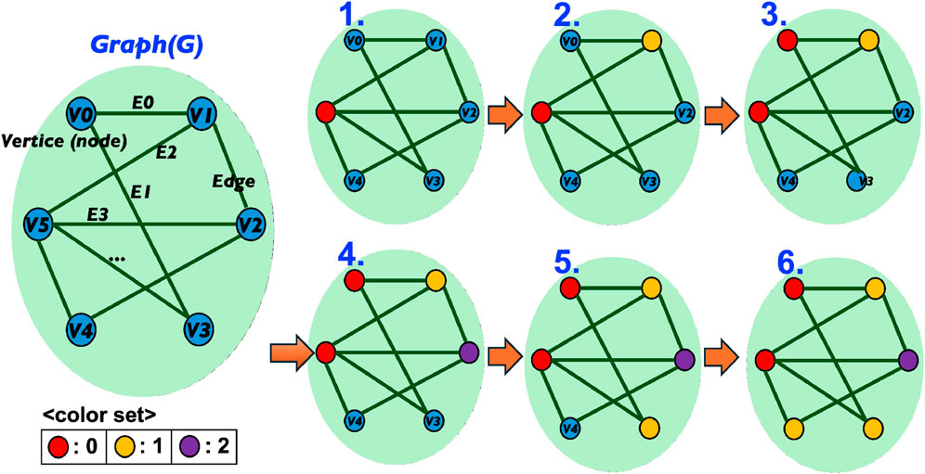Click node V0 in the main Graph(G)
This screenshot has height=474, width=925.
point(81,117)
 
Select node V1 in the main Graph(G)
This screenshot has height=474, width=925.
point(202,114)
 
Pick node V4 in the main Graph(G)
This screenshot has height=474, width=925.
point(81,328)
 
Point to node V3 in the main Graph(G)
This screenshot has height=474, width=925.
point(197,328)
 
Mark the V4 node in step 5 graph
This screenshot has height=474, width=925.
point(572,429)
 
